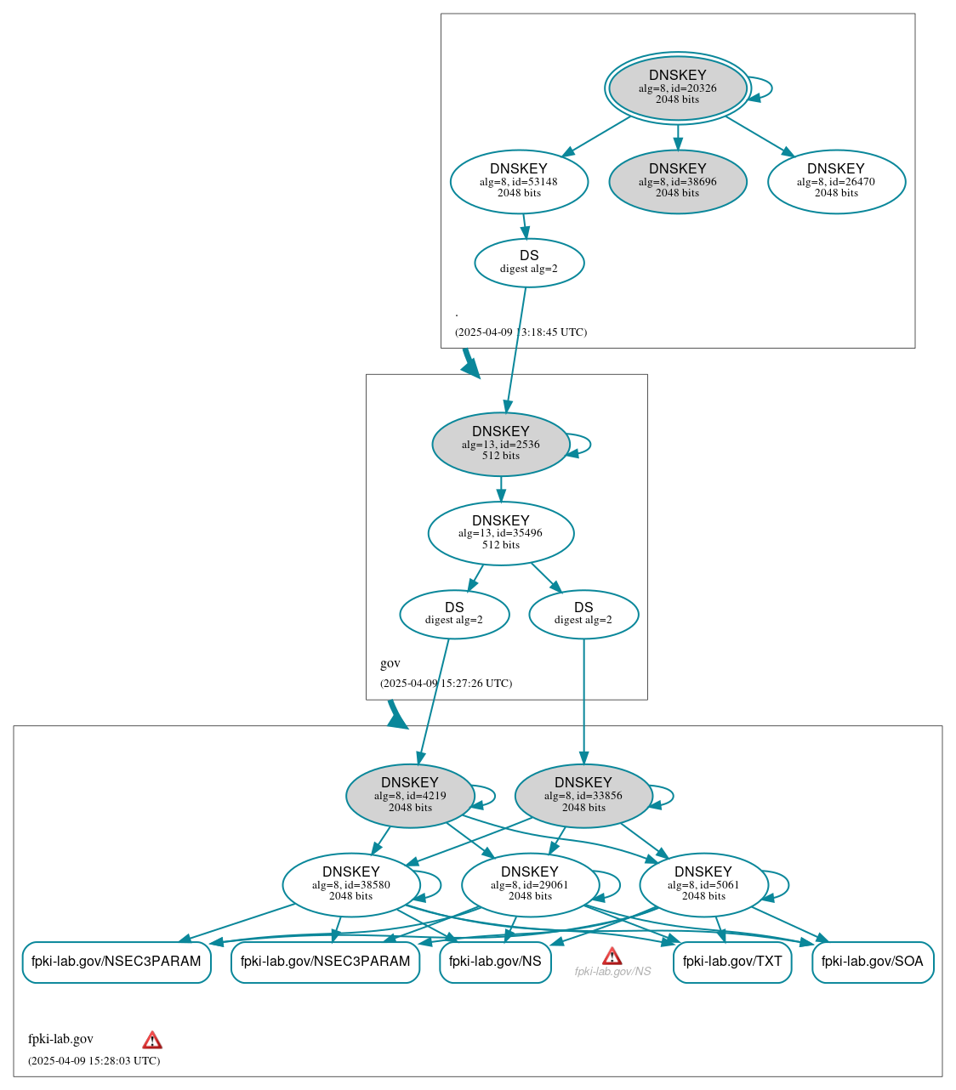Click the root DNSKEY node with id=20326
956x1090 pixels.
[677, 88]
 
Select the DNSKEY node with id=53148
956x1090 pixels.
[519, 181]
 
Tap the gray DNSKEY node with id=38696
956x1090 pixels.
[677, 181]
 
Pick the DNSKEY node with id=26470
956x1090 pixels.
[836, 181]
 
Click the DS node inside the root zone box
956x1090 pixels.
[529, 263]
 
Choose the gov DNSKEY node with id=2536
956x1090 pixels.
[501, 444]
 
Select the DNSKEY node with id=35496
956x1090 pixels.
[501, 533]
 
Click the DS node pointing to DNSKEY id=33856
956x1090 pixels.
[583, 614]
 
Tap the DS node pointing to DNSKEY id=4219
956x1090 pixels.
[454, 614]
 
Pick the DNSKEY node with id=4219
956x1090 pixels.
[410, 796]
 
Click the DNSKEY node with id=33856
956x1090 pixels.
[583, 796]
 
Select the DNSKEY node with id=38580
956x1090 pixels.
[351, 884]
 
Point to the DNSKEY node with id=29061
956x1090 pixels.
[530, 884]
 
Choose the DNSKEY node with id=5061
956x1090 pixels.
[703, 884]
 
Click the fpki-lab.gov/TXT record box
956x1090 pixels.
[732, 962]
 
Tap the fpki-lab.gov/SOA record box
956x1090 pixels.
[873, 962]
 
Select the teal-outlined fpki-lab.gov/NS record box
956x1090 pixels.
[495, 962]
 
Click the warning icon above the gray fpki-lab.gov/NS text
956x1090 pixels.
[612, 956]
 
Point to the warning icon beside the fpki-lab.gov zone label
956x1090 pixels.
[152, 1040]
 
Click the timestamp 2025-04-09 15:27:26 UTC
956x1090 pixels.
[446, 683]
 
